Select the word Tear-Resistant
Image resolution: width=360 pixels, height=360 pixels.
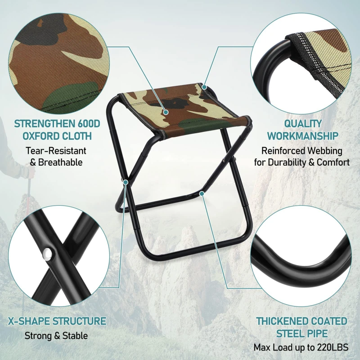(56, 151)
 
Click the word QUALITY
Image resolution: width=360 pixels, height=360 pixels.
(303, 124)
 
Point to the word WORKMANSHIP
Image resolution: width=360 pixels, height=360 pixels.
(303, 136)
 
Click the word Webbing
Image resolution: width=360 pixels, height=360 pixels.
(325, 151)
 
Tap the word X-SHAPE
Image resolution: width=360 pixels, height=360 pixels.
(29, 321)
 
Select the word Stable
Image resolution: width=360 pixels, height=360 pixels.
(75, 336)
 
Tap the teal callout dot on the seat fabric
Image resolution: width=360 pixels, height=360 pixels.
(166, 112)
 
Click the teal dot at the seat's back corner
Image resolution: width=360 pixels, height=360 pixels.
(204, 87)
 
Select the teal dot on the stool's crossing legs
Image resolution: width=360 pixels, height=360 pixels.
(126, 182)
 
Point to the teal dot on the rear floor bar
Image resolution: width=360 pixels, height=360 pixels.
(202, 194)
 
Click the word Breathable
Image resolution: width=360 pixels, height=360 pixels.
(60, 162)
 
